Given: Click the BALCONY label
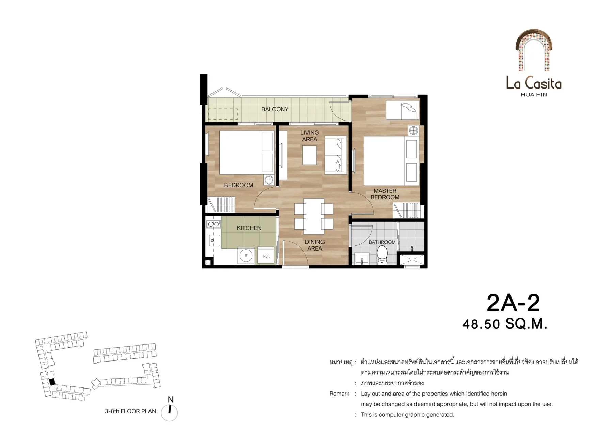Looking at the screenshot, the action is click(x=274, y=109).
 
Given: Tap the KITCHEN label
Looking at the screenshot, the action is click(x=249, y=228).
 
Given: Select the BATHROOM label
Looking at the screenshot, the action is click(x=382, y=242).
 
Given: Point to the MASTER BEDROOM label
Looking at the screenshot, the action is click(x=385, y=194).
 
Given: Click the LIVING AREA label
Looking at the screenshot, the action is click(x=310, y=136).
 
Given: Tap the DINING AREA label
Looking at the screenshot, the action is click(x=315, y=245).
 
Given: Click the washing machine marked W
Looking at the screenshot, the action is click(x=246, y=256).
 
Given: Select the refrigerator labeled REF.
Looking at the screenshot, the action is click(x=266, y=256).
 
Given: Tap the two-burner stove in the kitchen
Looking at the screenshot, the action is click(x=214, y=224).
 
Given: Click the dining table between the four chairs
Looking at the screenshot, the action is click(x=314, y=216).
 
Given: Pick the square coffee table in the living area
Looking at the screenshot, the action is click(x=309, y=155).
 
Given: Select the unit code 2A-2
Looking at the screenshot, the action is click(x=513, y=303).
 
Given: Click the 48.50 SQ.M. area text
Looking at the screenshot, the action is click(x=505, y=324).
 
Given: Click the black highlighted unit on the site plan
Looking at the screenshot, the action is click(x=52, y=382).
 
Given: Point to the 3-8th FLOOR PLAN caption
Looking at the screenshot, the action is click(x=130, y=411).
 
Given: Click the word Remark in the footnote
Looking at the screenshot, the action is click(x=339, y=394).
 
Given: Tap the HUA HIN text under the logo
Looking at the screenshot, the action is click(x=534, y=95).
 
